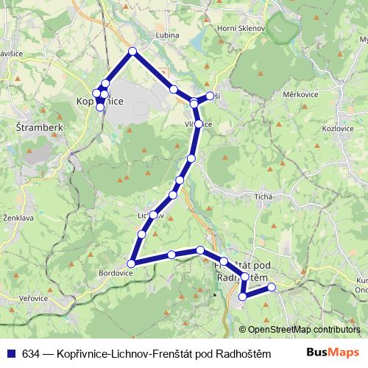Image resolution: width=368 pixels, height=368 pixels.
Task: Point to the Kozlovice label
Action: (338, 128)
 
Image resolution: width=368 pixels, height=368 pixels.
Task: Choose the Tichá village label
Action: (263, 197)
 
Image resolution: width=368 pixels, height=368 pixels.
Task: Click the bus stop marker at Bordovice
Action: (132, 263)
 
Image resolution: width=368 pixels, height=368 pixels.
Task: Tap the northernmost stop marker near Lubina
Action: (132, 51)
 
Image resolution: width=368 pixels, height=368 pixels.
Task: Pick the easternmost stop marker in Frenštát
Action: (272, 286)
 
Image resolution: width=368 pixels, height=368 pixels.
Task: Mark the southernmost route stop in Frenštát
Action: (243, 297)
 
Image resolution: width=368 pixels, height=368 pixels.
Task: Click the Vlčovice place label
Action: (199, 124)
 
